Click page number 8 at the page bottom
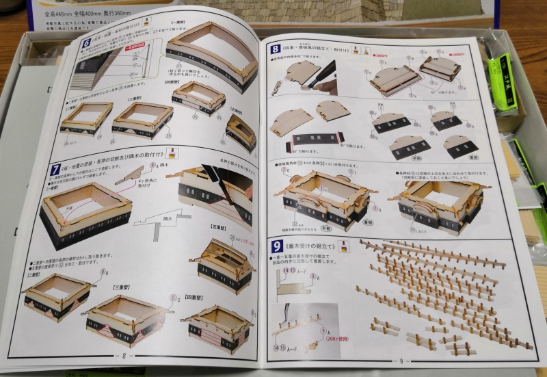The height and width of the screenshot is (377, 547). click(x=124, y=355)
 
